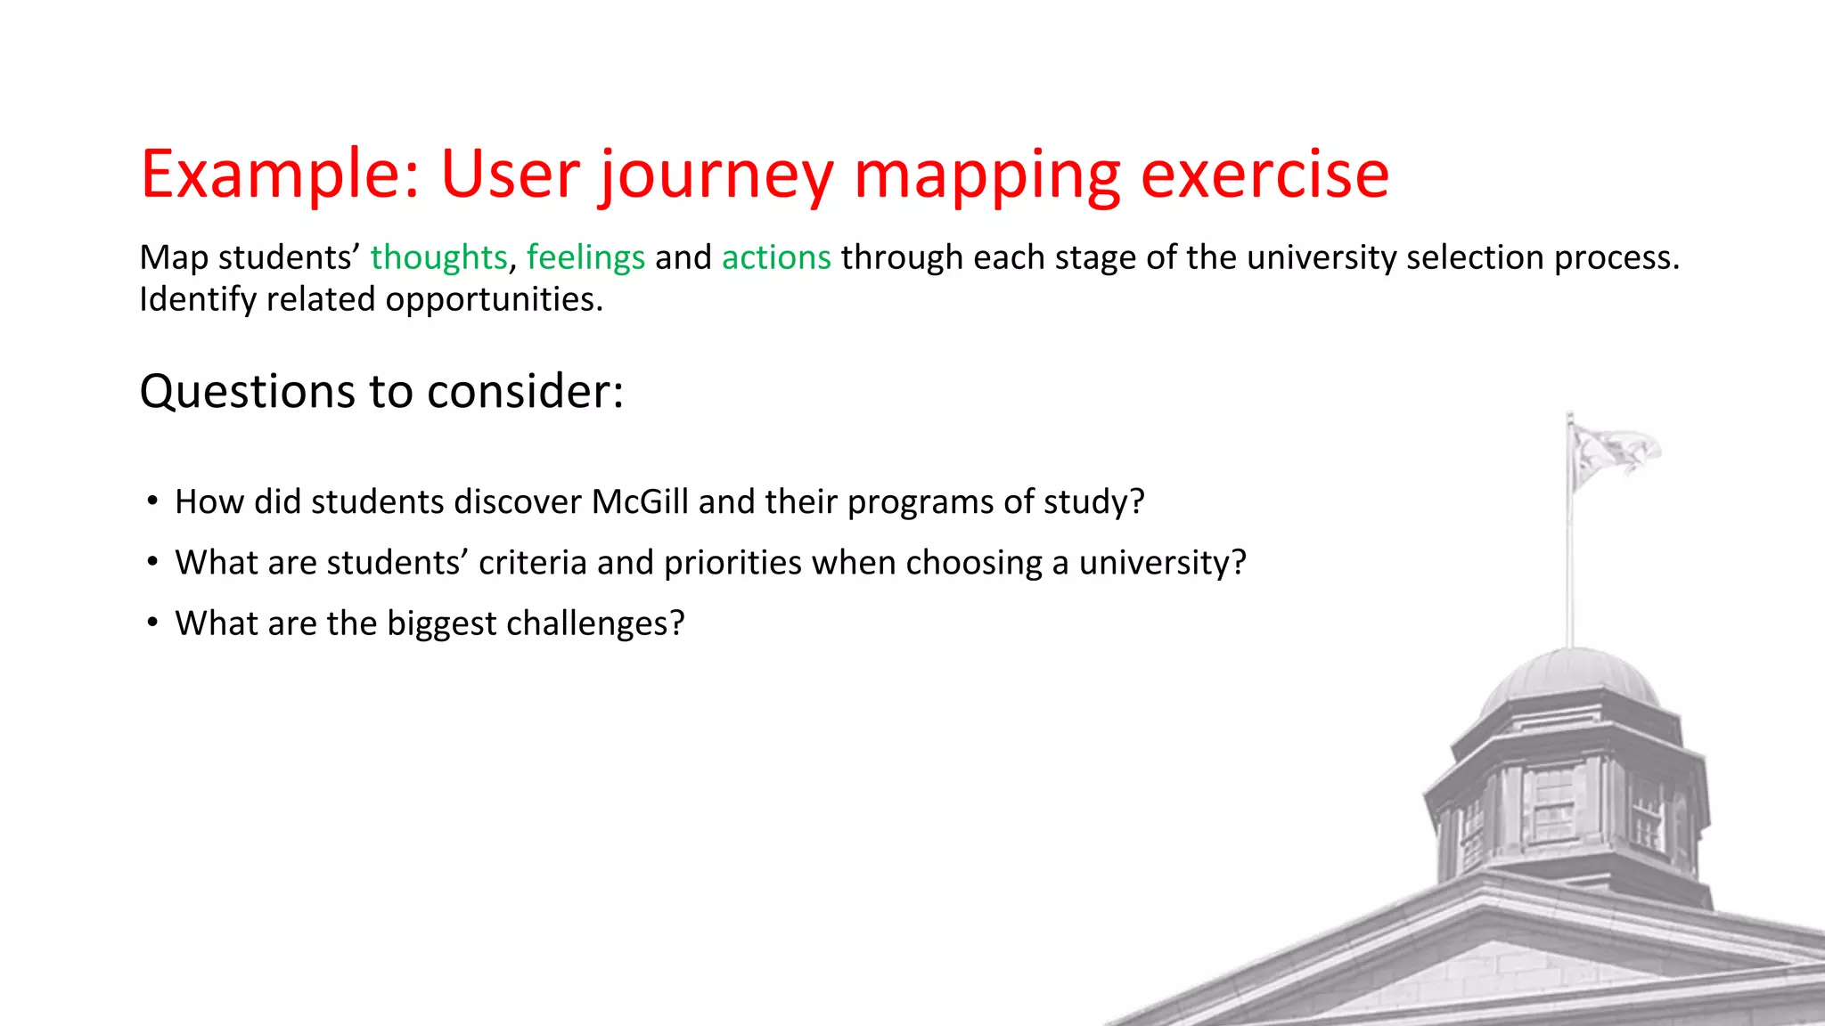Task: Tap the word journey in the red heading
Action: click(x=716, y=175)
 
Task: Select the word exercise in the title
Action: click(x=1264, y=174)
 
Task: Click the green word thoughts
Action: click(x=438, y=257)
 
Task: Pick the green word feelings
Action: click(x=585, y=257)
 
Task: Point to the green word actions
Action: click(x=776, y=257)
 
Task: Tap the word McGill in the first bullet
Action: click(x=640, y=501)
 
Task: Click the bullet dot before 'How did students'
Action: click(x=153, y=501)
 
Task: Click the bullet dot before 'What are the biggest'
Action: click(x=153, y=623)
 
